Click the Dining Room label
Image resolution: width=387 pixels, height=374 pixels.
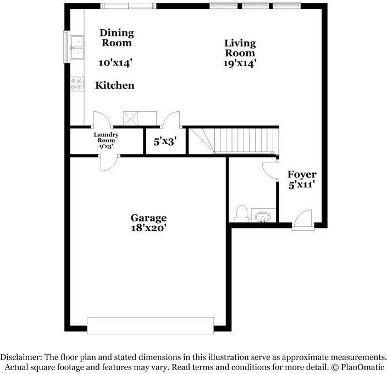tap(116, 37)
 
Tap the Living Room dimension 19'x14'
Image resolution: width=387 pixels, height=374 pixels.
tap(239, 63)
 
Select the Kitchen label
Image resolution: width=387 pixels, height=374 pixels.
tap(115, 85)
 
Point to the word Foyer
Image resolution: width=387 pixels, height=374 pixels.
tap(302, 175)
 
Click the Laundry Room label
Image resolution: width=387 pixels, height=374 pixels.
tap(106, 138)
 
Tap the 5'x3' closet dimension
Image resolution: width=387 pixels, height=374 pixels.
tap(164, 142)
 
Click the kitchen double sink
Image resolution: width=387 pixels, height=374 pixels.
tap(76, 47)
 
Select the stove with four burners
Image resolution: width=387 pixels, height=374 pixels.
tap(77, 84)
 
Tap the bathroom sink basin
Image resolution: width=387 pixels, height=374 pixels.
tap(263, 216)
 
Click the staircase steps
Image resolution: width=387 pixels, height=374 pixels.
tap(242, 140)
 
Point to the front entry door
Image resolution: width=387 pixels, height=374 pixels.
tap(302, 220)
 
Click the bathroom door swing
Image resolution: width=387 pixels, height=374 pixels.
tap(269, 169)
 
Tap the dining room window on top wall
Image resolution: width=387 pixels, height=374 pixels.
tap(129, 6)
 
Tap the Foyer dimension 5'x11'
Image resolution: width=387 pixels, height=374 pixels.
tap(302, 186)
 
